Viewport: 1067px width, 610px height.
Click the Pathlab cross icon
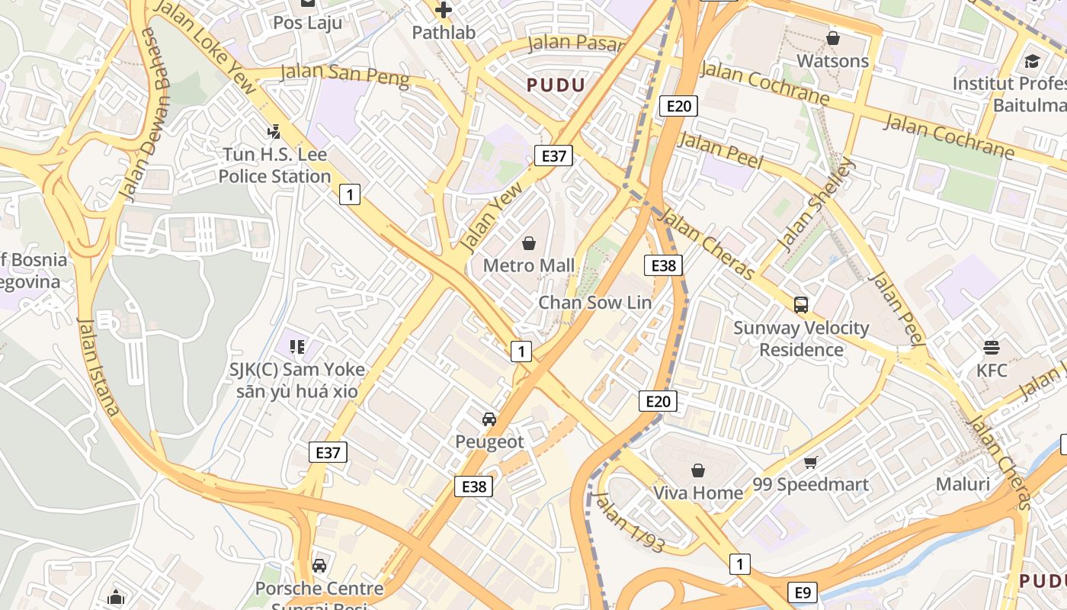(443, 10)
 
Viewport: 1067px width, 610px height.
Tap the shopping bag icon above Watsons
(833, 38)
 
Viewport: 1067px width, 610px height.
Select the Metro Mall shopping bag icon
(529, 243)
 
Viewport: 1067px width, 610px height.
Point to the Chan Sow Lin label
(595, 303)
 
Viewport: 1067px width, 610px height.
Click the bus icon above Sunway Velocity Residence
(801, 305)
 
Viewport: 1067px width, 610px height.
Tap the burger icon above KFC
(992, 348)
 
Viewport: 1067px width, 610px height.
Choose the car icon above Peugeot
(489, 419)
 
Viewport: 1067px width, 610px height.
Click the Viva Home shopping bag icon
(697, 470)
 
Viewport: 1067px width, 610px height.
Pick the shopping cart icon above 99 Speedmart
(811, 462)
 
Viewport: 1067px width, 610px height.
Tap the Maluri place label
(963, 484)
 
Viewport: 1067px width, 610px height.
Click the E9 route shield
(803, 592)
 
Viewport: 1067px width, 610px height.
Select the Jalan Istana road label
(98, 366)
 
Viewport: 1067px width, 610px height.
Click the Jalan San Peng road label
(344, 75)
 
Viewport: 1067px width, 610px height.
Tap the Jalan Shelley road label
(816, 204)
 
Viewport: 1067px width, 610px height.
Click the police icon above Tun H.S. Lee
(274, 132)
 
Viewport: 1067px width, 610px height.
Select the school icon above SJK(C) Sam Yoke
(297, 348)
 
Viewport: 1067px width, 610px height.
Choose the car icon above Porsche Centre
(319, 566)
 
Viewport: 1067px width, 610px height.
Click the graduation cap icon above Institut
(1032, 61)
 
